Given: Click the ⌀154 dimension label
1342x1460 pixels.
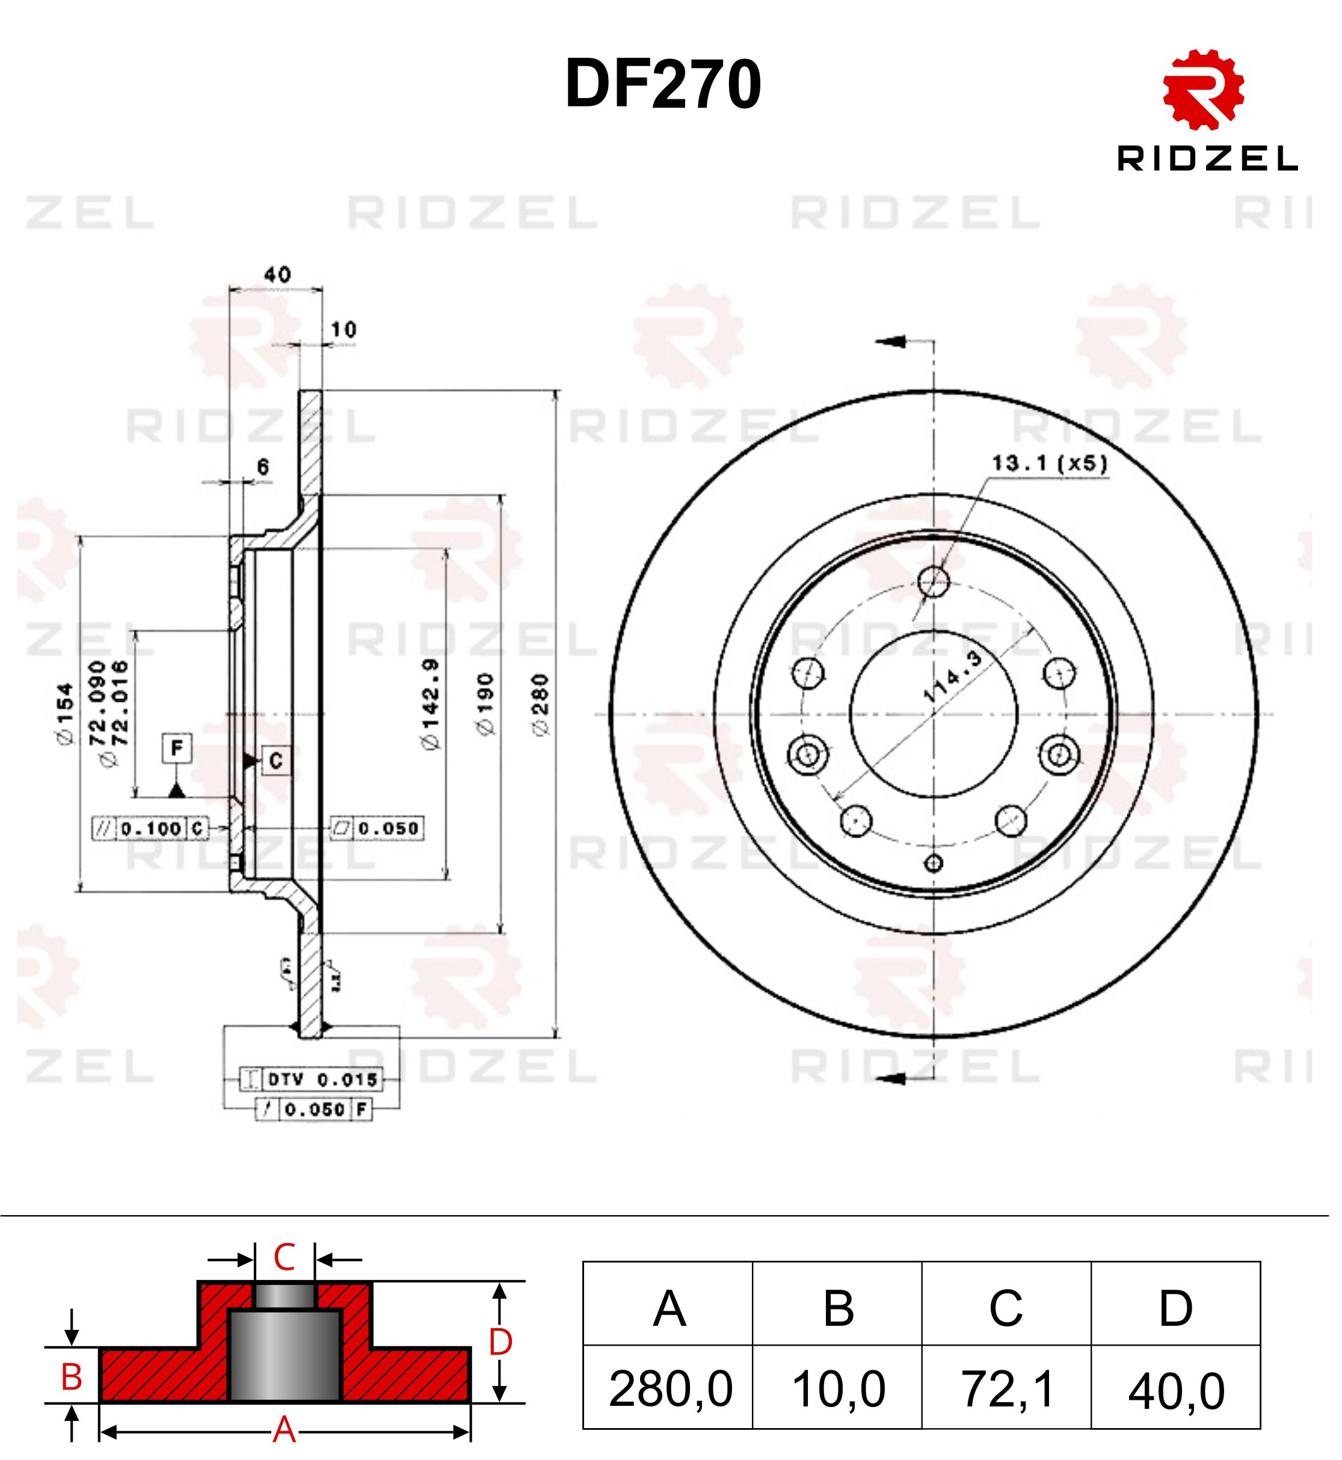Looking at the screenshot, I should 66,716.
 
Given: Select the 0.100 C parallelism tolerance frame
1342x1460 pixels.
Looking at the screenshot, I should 151,829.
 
